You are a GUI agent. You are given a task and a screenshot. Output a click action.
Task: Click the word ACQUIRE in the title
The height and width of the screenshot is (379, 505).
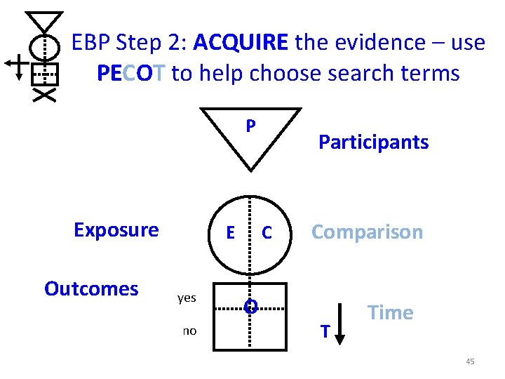click(x=241, y=44)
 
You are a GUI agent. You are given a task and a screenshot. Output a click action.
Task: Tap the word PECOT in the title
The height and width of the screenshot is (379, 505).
click(x=132, y=73)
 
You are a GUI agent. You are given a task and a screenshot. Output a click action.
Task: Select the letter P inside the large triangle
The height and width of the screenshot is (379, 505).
click(x=250, y=127)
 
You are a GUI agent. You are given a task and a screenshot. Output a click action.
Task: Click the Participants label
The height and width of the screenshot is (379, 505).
click(x=373, y=142)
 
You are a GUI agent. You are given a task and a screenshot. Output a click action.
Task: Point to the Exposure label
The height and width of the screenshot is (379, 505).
click(x=116, y=230)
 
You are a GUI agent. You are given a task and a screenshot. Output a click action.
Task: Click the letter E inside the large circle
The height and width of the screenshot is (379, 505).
click(x=230, y=233)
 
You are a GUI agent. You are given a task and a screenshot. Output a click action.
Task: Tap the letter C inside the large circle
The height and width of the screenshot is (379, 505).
click(x=267, y=233)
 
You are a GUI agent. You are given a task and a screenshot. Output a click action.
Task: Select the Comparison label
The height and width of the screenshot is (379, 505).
click(x=367, y=232)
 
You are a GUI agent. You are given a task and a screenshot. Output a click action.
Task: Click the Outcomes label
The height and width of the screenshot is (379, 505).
click(x=91, y=289)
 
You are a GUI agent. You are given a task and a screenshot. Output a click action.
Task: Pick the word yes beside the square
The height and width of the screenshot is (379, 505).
click(x=187, y=298)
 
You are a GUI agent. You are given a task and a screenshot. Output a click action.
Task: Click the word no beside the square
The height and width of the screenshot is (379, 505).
click(x=189, y=331)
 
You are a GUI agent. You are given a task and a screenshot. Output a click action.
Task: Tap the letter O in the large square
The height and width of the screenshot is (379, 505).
click(x=250, y=306)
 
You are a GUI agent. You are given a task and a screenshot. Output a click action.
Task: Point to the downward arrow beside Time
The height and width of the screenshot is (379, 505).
click(x=339, y=324)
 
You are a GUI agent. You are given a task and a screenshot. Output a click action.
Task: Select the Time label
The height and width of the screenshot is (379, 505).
click(x=391, y=313)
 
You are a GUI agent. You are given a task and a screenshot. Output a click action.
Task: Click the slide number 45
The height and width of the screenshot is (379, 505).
click(x=470, y=361)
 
